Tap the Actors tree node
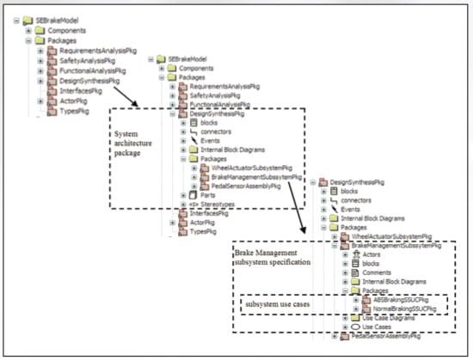[x=372, y=255]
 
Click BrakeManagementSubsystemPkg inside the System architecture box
[x=258, y=176]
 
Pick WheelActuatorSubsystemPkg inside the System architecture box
[x=255, y=168]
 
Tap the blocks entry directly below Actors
[x=372, y=264]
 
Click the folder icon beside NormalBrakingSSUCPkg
[x=367, y=308]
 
